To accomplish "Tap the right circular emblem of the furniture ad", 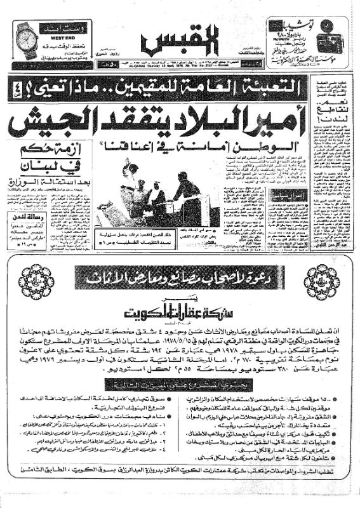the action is point(320,281).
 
